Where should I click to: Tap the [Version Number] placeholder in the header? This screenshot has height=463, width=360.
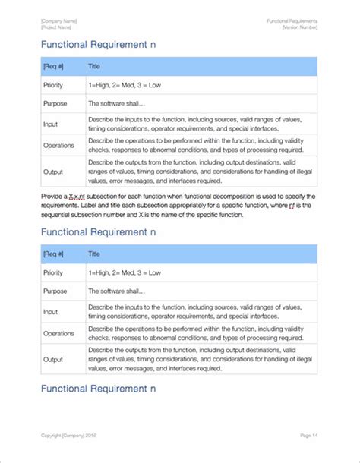tap(300, 27)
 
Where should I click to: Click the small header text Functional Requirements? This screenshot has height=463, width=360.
tap(292, 20)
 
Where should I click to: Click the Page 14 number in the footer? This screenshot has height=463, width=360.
tap(308, 435)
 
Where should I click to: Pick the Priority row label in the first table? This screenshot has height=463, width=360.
tap(53, 85)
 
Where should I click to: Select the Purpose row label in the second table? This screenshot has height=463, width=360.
tap(54, 291)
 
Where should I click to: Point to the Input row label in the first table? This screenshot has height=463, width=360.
tap(50, 124)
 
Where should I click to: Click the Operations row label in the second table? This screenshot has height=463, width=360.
tap(58, 333)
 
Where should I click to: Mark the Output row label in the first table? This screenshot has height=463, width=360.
tap(52, 171)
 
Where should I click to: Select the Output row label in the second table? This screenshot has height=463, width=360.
tap(52, 359)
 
